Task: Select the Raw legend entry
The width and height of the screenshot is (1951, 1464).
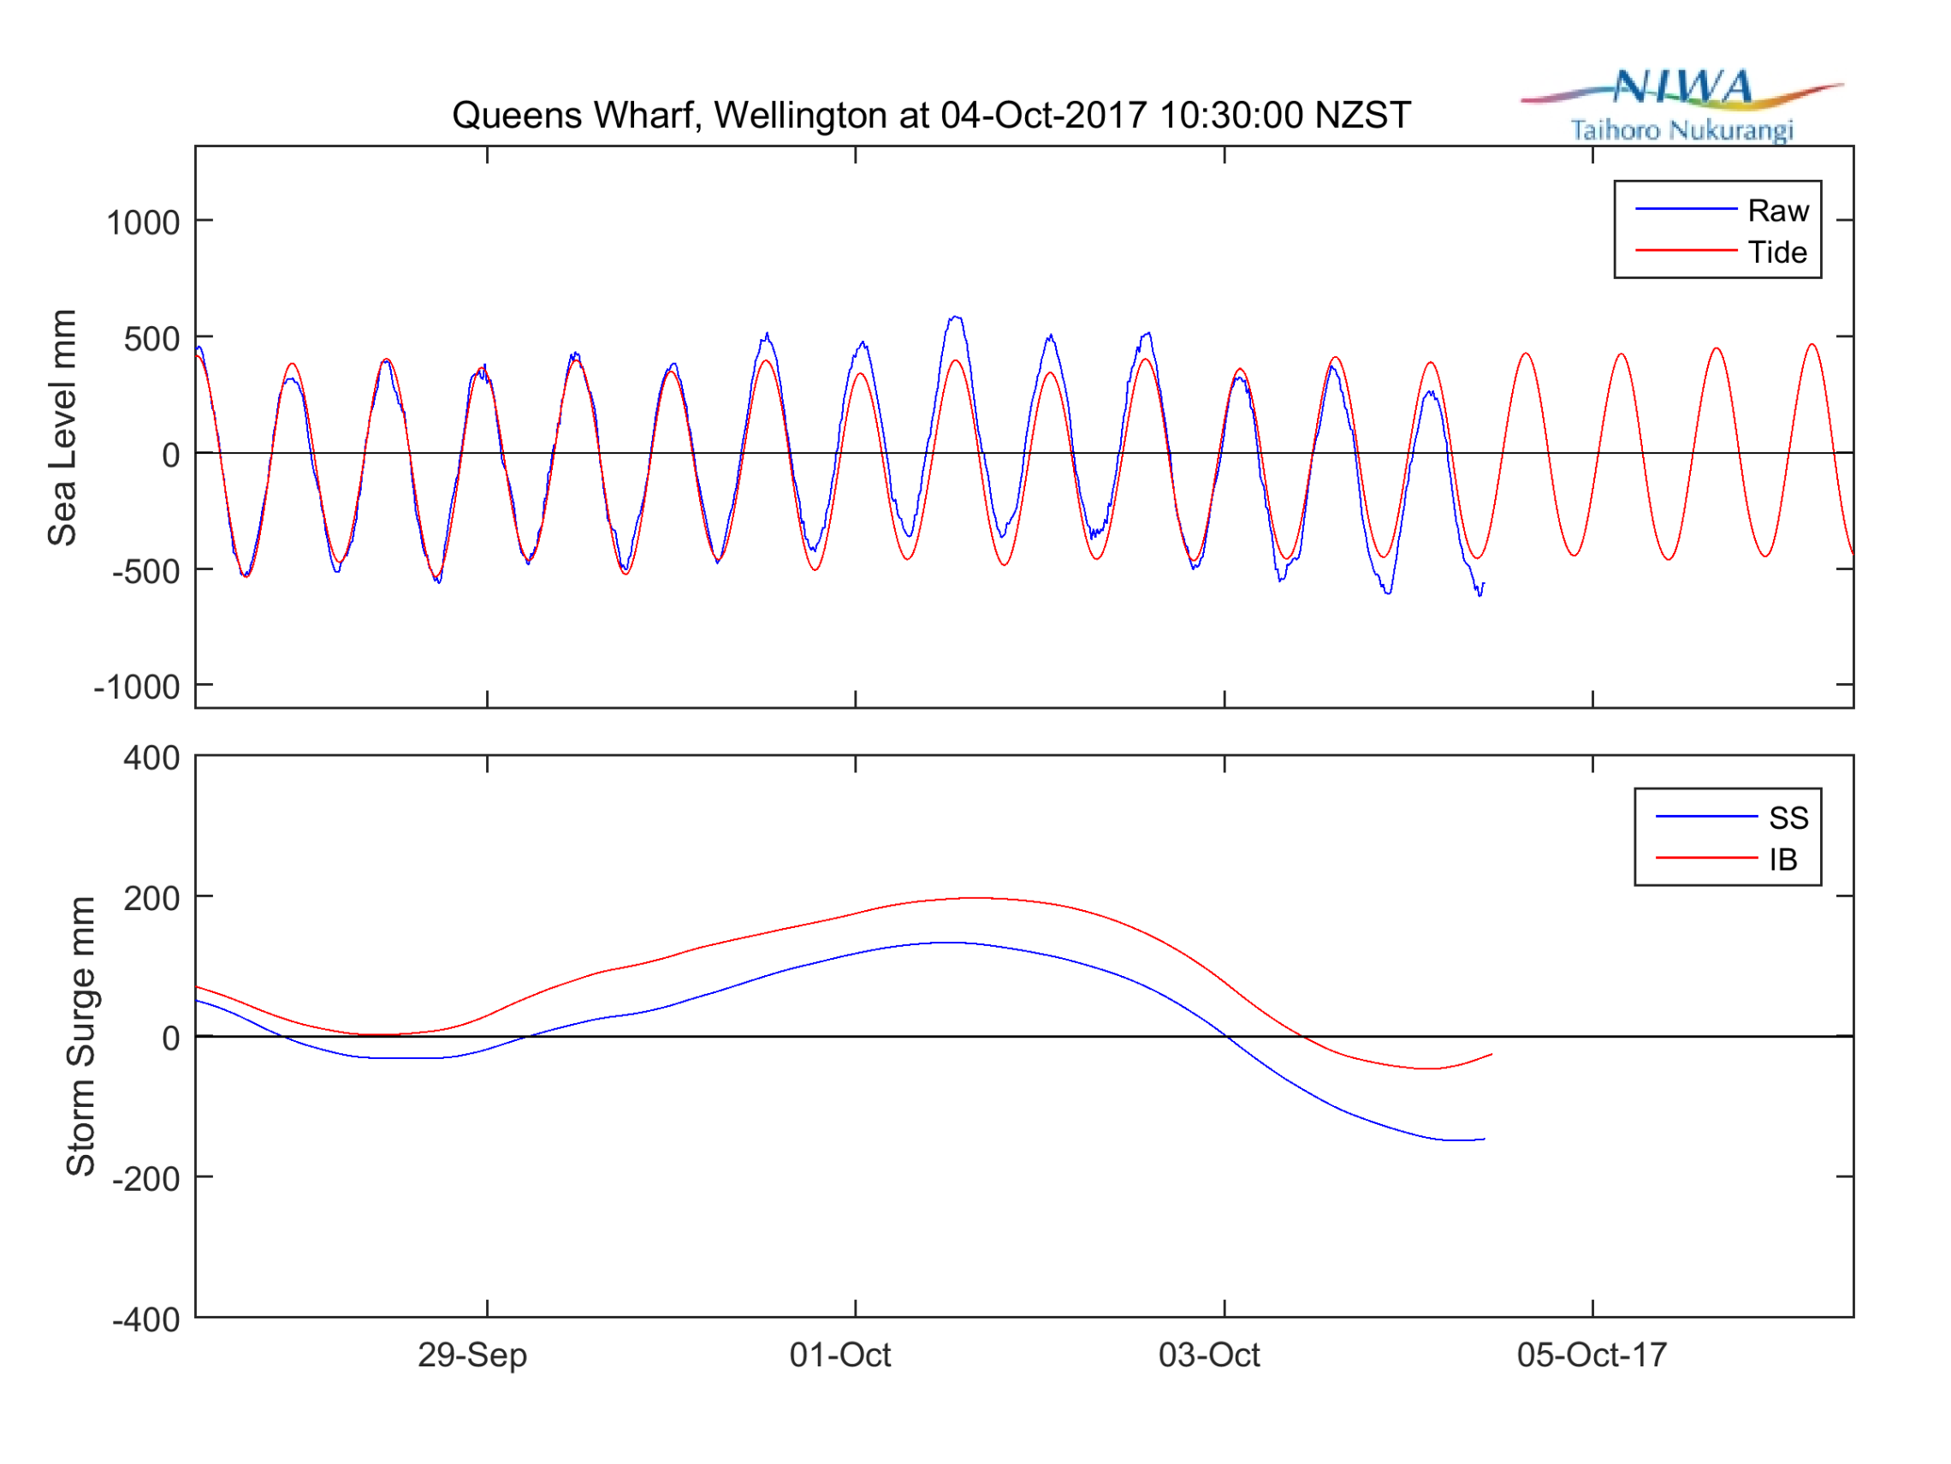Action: click(x=1778, y=211)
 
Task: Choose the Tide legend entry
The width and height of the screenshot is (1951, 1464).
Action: click(x=1777, y=253)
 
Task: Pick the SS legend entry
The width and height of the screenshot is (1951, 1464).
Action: click(x=1788, y=818)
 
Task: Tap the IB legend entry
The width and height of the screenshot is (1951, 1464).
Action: click(x=1782, y=860)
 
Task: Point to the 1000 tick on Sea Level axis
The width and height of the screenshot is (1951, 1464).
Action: click(x=143, y=223)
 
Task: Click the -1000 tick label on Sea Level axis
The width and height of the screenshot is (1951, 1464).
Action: click(x=137, y=687)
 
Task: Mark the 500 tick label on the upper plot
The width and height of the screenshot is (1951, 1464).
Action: click(x=151, y=339)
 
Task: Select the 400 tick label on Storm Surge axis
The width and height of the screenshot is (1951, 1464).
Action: click(x=151, y=758)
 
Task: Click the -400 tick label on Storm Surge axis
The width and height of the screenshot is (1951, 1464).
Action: click(x=145, y=1320)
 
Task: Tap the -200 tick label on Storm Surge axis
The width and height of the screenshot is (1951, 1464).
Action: click(x=145, y=1179)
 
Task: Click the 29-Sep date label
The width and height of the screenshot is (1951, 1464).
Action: click(x=472, y=1354)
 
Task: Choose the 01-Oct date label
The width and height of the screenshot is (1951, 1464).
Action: click(x=839, y=1354)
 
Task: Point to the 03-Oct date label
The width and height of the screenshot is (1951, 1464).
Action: click(x=1209, y=1354)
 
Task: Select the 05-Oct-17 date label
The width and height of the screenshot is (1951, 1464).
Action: click(x=1592, y=1354)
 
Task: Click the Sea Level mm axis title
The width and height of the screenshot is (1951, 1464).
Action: click(x=62, y=428)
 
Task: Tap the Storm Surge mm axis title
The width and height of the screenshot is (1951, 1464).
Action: click(x=81, y=1036)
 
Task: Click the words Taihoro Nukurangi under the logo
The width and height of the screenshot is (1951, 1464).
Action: click(x=1682, y=131)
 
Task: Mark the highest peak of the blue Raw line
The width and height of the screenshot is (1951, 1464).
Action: click(x=955, y=317)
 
